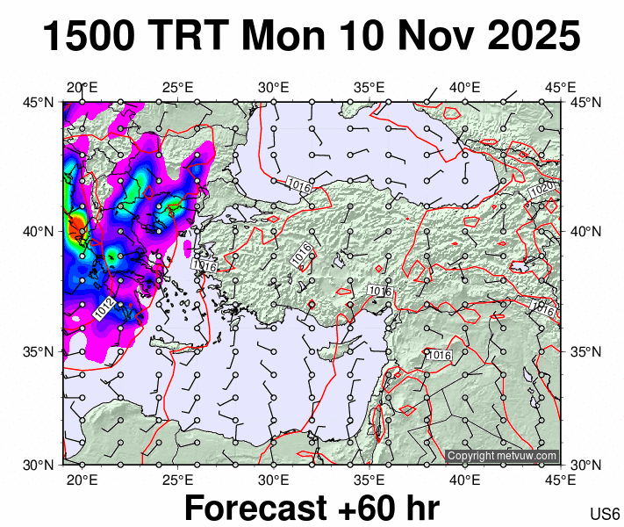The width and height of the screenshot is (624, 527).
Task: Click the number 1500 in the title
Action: [x=88, y=38]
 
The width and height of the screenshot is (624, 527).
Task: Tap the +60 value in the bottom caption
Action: [x=369, y=509]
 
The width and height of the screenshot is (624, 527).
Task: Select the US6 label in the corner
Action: [x=606, y=514]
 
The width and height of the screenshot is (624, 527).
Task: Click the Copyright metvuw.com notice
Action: [x=502, y=457]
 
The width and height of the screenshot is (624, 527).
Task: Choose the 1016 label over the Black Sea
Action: [x=299, y=183]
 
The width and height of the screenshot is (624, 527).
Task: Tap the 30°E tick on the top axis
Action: [x=274, y=87]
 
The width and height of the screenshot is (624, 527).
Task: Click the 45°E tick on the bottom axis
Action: [x=561, y=480]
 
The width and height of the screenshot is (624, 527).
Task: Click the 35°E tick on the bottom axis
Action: [x=369, y=480]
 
